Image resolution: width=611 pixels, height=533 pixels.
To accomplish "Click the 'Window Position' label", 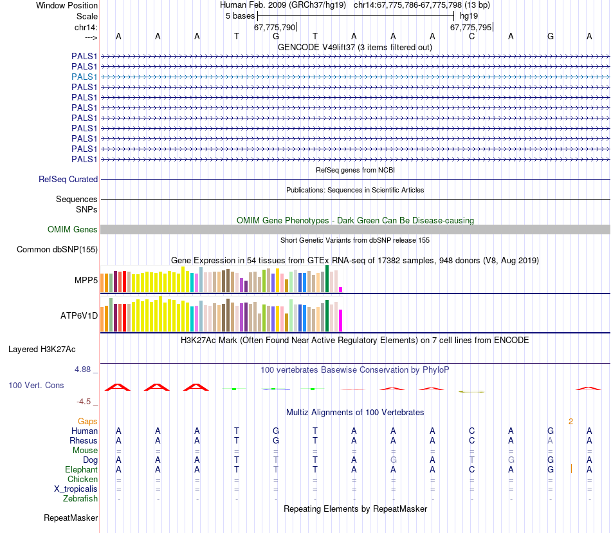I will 67,5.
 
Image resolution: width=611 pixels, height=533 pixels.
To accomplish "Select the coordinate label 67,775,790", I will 275,27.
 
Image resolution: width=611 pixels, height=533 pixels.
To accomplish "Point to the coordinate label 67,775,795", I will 471,27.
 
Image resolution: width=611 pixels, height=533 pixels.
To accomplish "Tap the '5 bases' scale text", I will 240,15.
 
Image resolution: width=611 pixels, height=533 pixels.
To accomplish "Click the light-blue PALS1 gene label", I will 84,77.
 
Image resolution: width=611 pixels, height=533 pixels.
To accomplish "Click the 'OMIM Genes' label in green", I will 73,230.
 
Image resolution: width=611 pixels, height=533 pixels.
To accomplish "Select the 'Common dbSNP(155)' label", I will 57,250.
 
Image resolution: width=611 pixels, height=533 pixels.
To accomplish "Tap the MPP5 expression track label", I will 86,281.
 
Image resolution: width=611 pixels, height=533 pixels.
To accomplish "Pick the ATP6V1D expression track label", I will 79,316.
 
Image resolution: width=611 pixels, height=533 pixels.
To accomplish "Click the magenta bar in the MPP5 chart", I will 341,289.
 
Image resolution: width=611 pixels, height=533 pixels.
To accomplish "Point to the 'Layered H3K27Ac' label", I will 42,350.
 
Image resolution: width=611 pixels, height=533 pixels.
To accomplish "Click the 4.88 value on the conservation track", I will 84,369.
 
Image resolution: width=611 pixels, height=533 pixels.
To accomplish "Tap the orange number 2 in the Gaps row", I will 570,422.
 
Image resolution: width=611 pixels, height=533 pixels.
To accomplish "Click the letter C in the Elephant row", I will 471,470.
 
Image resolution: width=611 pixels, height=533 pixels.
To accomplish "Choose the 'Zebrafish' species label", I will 80,498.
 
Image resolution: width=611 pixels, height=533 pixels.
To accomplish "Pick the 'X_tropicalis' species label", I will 76,489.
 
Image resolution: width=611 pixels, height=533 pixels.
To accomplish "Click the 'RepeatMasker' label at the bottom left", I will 71,518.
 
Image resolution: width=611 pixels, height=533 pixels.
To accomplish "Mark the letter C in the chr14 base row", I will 471,37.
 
